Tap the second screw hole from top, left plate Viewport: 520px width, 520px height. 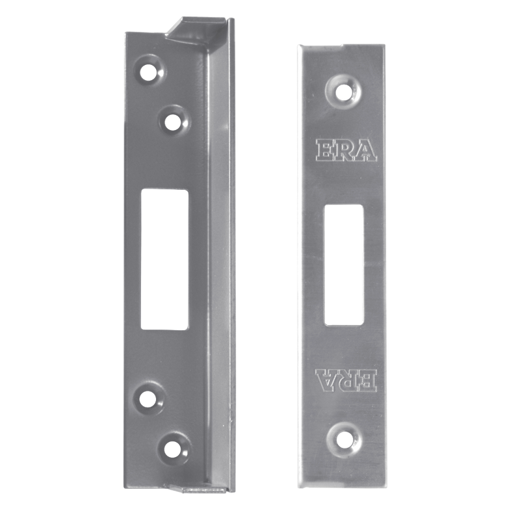coord(172,120)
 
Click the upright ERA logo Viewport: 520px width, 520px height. coord(346,149)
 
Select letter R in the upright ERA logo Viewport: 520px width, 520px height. coord(345,149)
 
